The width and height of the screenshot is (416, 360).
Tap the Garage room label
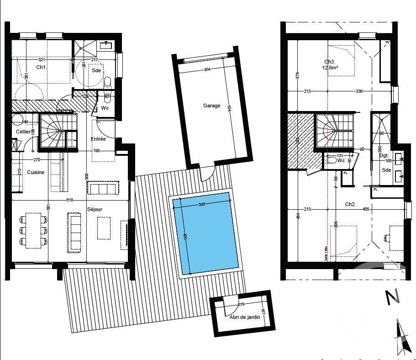pyautogui.click(x=211, y=106)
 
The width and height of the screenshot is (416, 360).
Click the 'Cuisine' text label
pyautogui.click(x=36, y=172)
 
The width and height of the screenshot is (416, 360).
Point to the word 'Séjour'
pyautogui.click(x=95, y=210)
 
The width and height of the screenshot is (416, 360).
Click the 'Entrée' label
pyautogui.click(x=98, y=138)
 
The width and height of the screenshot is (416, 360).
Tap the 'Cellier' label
pyautogui.click(x=23, y=132)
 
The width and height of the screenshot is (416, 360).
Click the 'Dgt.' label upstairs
pyautogui.click(x=384, y=156)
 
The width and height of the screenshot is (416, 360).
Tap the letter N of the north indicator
pyautogui.click(x=392, y=297)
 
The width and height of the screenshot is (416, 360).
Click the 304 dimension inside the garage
pyautogui.click(x=207, y=70)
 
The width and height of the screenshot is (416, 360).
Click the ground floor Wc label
pyautogui.click(x=105, y=108)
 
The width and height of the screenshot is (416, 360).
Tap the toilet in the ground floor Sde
pyautogui.click(x=108, y=82)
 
